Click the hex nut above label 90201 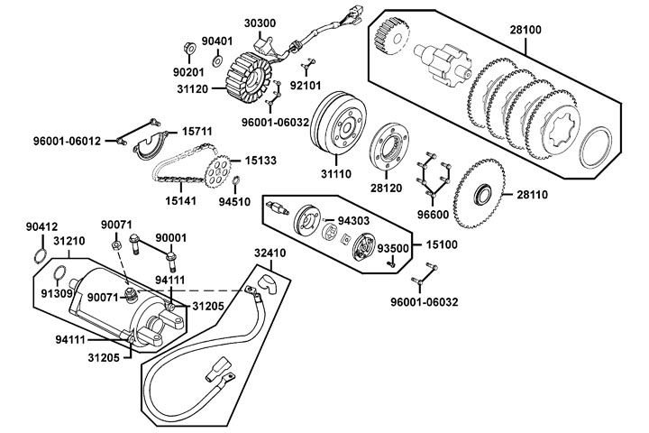(187, 46)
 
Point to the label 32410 (270, 253)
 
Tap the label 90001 (171, 238)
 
